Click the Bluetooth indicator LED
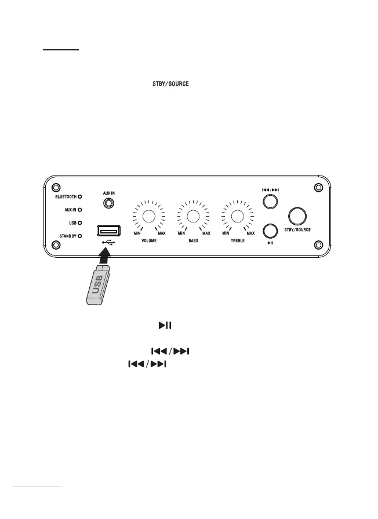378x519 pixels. point(80,197)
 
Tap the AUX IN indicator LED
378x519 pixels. point(80,210)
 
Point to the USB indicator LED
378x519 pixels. point(80,222)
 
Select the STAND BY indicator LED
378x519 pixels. point(80,236)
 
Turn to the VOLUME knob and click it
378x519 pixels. point(149,216)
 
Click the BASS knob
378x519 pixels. point(193,216)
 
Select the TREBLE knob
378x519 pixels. point(237,216)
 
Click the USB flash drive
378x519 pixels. point(96,284)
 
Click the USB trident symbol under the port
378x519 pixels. point(108,243)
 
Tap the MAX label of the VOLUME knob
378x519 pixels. point(162,233)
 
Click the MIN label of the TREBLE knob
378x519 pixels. point(226,233)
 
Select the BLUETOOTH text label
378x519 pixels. point(62,197)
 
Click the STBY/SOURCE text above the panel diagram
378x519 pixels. point(166,85)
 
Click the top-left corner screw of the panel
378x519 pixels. point(56,188)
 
